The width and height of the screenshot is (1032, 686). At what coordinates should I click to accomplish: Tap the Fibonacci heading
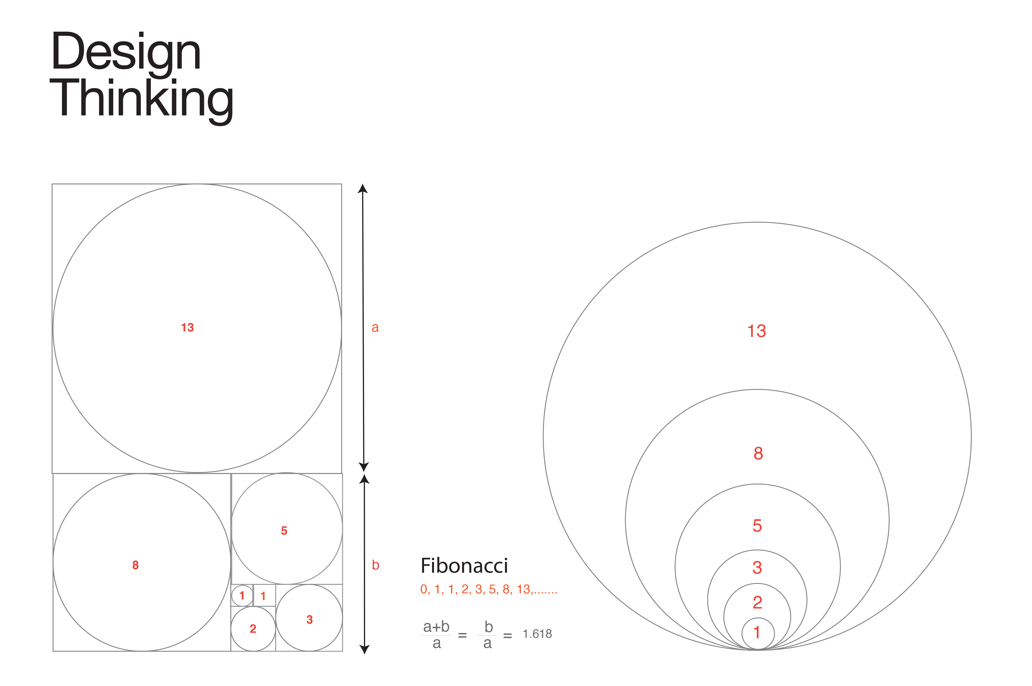coord(464,566)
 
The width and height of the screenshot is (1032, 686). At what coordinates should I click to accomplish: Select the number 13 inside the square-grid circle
coord(187,327)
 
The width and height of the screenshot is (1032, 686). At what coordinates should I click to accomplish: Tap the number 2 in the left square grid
coord(253,629)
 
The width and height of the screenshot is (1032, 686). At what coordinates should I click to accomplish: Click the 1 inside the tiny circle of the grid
coord(242,595)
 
